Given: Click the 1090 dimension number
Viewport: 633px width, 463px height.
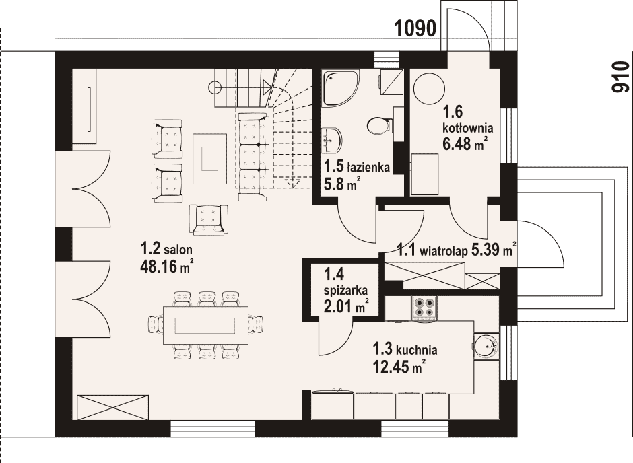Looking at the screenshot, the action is [x=415, y=29].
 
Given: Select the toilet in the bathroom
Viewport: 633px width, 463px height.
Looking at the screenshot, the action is [x=380, y=125].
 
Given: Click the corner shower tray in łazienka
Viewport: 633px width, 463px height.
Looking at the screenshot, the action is [x=340, y=88].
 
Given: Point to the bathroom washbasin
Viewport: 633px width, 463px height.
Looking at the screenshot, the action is [x=331, y=141].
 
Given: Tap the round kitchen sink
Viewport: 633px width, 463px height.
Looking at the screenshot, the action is [x=486, y=346].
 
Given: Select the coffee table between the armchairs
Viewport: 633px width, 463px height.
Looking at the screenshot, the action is [x=210, y=159].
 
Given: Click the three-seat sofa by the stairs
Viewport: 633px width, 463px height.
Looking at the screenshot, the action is [x=253, y=157].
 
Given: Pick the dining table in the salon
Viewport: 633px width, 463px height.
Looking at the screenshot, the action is [x=206, y=325].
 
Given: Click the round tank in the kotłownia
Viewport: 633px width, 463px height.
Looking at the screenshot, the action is [x=429, y=88].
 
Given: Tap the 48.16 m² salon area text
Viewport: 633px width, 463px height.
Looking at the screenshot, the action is [x=166, y=266].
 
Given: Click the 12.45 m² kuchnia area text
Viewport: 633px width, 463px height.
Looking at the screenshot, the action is [x=399, y=367].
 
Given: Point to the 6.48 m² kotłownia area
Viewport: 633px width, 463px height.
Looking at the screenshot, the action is [x=464, y=143].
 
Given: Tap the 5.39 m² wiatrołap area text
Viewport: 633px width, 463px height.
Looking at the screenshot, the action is [x=494, y=250].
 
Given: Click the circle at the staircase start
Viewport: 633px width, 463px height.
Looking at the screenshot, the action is [x=215, y=87].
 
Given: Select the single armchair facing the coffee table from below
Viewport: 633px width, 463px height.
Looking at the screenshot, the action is [x=209, y=219].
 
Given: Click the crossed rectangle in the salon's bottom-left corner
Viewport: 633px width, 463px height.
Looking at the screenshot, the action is [x=112, y=407].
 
